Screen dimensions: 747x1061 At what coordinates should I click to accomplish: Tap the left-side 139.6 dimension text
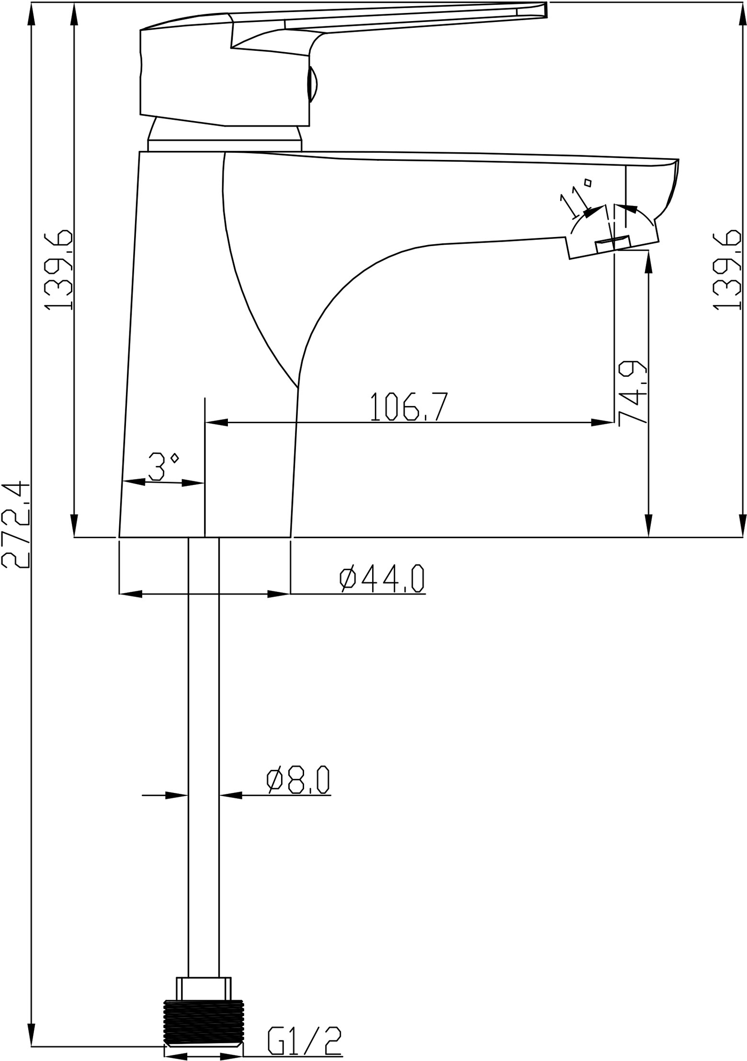point(58,271)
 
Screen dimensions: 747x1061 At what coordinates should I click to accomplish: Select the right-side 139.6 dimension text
point(727,271)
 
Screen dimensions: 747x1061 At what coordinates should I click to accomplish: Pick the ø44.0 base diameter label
point(382,579)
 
